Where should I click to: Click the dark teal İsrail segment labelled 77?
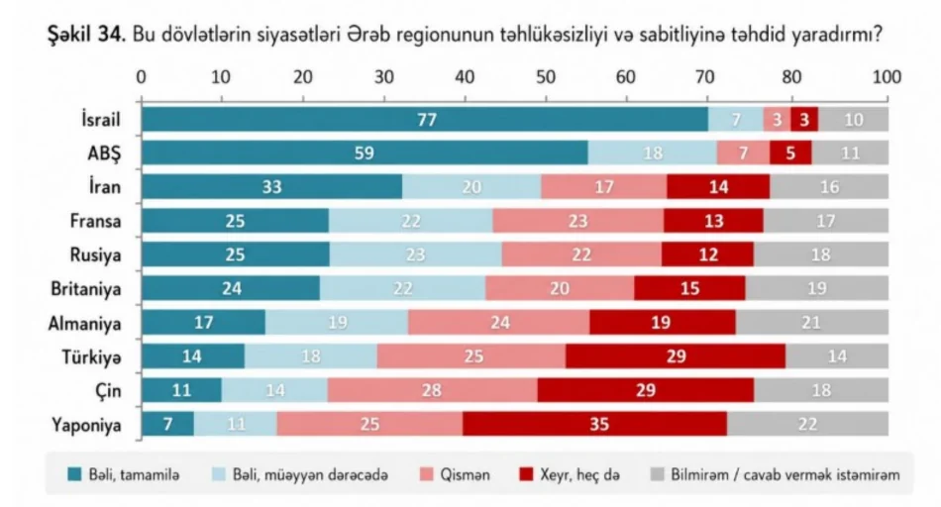[x=425, y=119]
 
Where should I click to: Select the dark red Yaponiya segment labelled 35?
[x=594, y=425]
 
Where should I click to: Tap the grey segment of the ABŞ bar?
[x=850, y=152]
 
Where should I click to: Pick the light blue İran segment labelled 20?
[x=472, y=186]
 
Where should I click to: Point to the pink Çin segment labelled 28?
[x=432, y=390]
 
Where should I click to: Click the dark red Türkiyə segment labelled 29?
[x=676, y=356]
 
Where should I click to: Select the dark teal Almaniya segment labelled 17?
[x=203, y=323]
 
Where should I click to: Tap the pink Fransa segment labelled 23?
[x=577, y=221]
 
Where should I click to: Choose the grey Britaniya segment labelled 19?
[x=817, y=288]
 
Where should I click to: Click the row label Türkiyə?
[x=92, y=357]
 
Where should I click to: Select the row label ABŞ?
[x=103, y=153]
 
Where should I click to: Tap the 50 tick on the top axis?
[x=544, y=77]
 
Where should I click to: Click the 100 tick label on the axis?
[x=886, y=77]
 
